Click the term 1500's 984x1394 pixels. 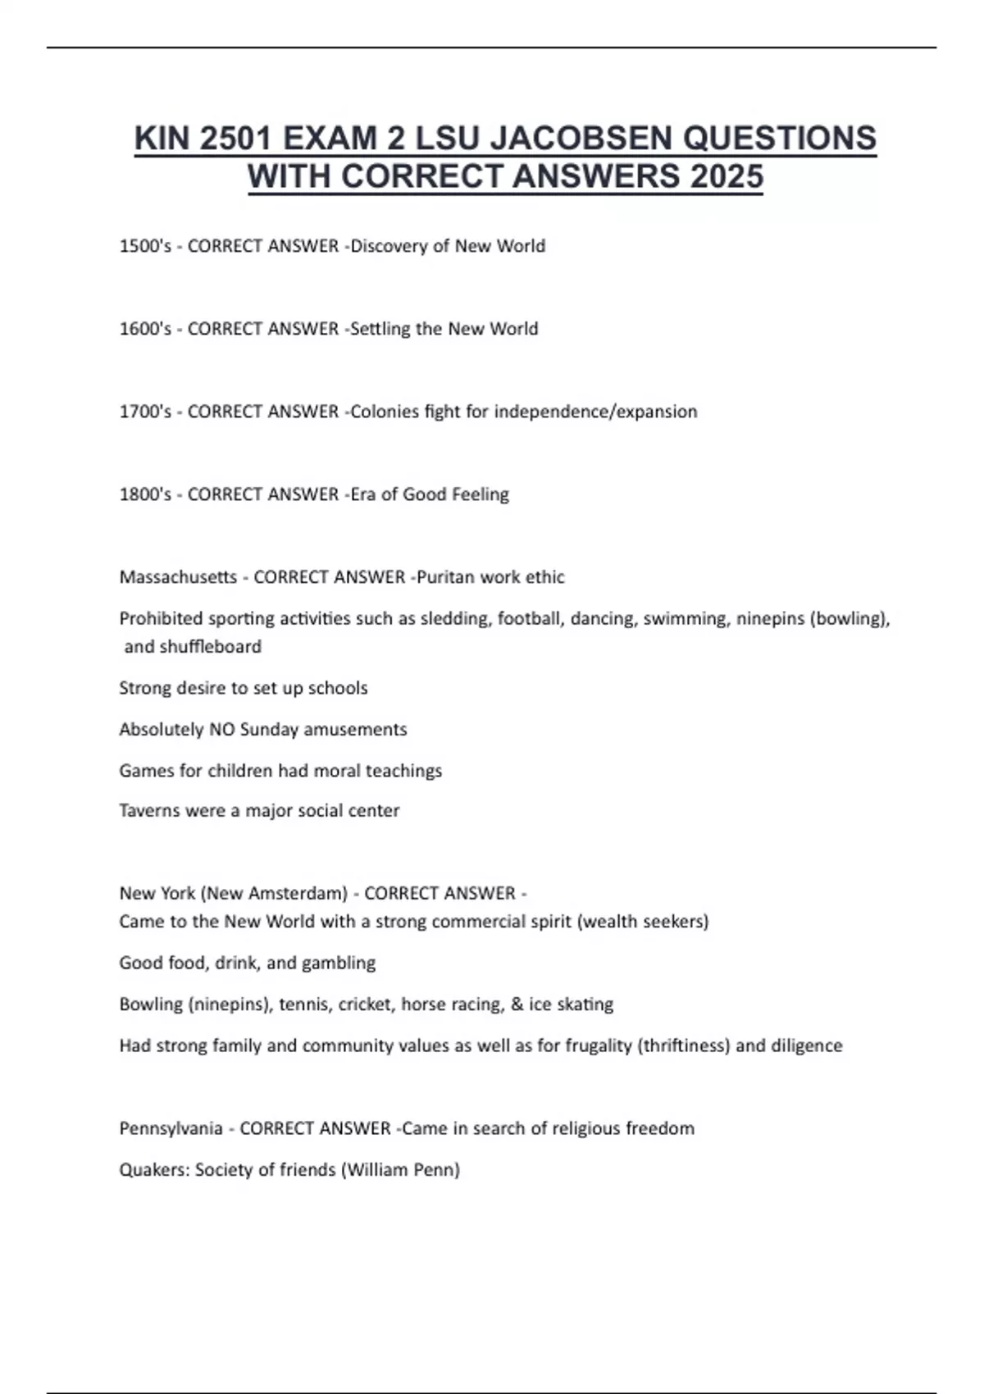pos(145,246)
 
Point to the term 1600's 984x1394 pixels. pos(145,329)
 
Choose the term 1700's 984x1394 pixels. pos(145,412)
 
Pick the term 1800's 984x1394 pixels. pos(145,494)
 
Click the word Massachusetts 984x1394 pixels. pos(178,577)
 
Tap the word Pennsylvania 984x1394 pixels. pos(171,1128)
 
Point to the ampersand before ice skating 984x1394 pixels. pos(517,1004)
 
